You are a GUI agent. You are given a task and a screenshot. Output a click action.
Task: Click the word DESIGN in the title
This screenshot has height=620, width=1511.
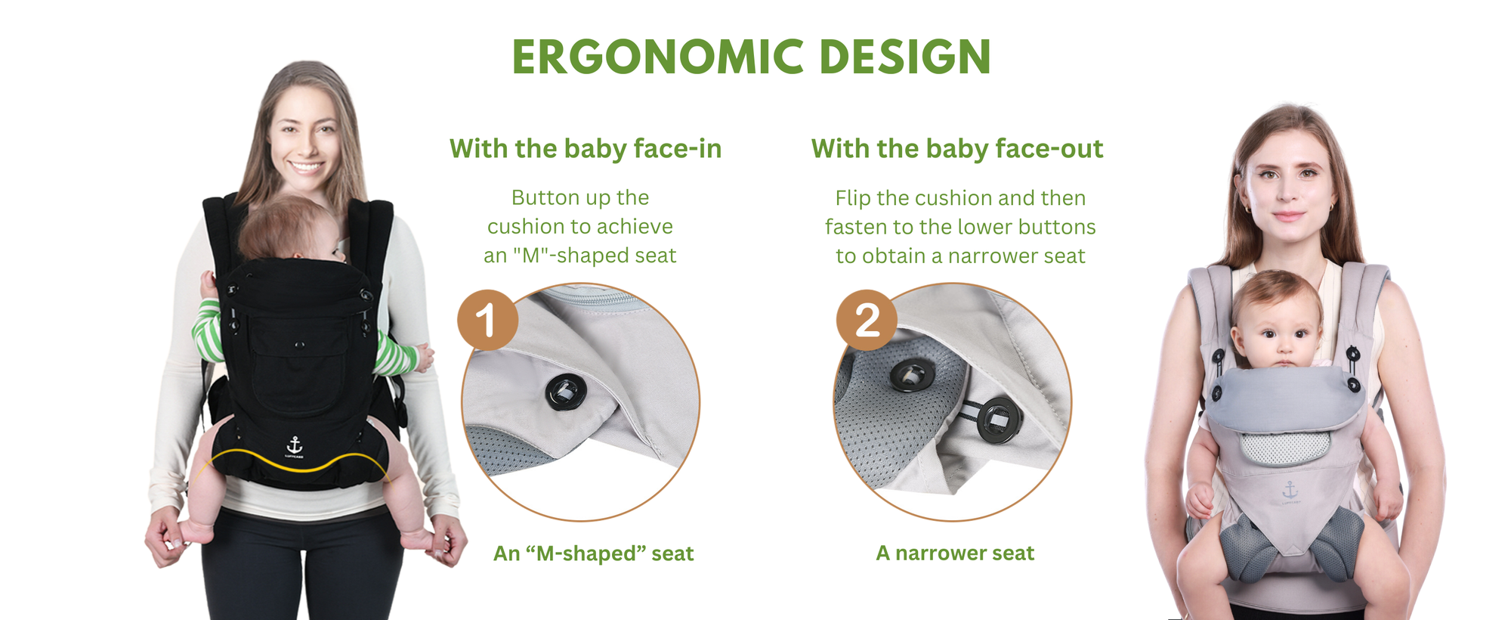[904, 57]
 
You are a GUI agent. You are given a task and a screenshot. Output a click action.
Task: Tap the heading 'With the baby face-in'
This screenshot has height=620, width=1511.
[586, 148]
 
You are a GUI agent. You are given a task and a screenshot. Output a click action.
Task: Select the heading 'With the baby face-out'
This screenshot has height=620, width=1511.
[956, 148]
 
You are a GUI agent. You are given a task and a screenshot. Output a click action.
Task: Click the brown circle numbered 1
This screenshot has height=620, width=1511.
[487, 320]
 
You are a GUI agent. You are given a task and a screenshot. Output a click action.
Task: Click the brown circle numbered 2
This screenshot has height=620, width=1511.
[867, 320]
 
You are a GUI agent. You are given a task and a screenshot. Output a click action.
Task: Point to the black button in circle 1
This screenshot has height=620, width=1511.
[565, 391]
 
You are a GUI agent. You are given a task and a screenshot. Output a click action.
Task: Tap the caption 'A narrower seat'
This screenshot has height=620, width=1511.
[955, 553]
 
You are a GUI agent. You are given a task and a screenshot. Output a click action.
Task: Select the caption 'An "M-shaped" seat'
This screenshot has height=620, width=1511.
[593, 553]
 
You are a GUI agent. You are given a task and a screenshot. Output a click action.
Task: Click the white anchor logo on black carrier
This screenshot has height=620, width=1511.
[295, 444]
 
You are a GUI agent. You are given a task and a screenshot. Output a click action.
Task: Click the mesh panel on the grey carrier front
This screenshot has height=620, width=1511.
[1284, 448]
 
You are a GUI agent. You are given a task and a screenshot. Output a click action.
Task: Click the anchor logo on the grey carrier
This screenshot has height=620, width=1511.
[1290, 491]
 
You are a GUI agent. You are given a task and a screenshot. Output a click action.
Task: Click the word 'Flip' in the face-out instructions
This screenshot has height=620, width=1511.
[853, 197]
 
